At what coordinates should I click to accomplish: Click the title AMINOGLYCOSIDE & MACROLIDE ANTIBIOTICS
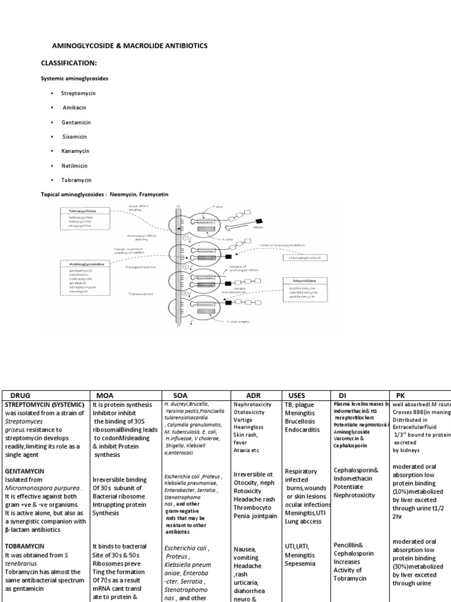click(x=130, y=45)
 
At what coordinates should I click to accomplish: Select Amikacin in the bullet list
click(x=75, y=108)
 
